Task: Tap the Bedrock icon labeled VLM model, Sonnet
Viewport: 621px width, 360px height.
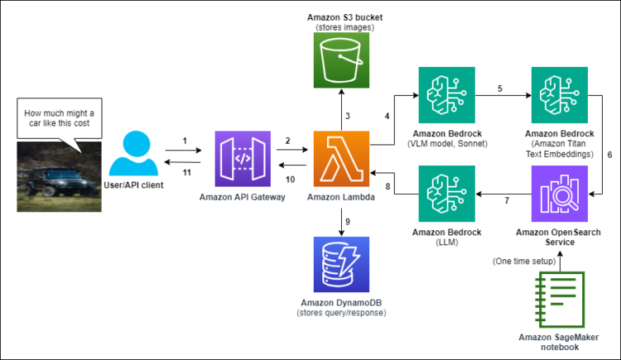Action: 447,95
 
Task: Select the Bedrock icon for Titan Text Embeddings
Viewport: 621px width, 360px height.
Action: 559,95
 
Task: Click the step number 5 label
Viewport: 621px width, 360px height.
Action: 500,87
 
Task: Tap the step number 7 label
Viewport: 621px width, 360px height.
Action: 507,201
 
